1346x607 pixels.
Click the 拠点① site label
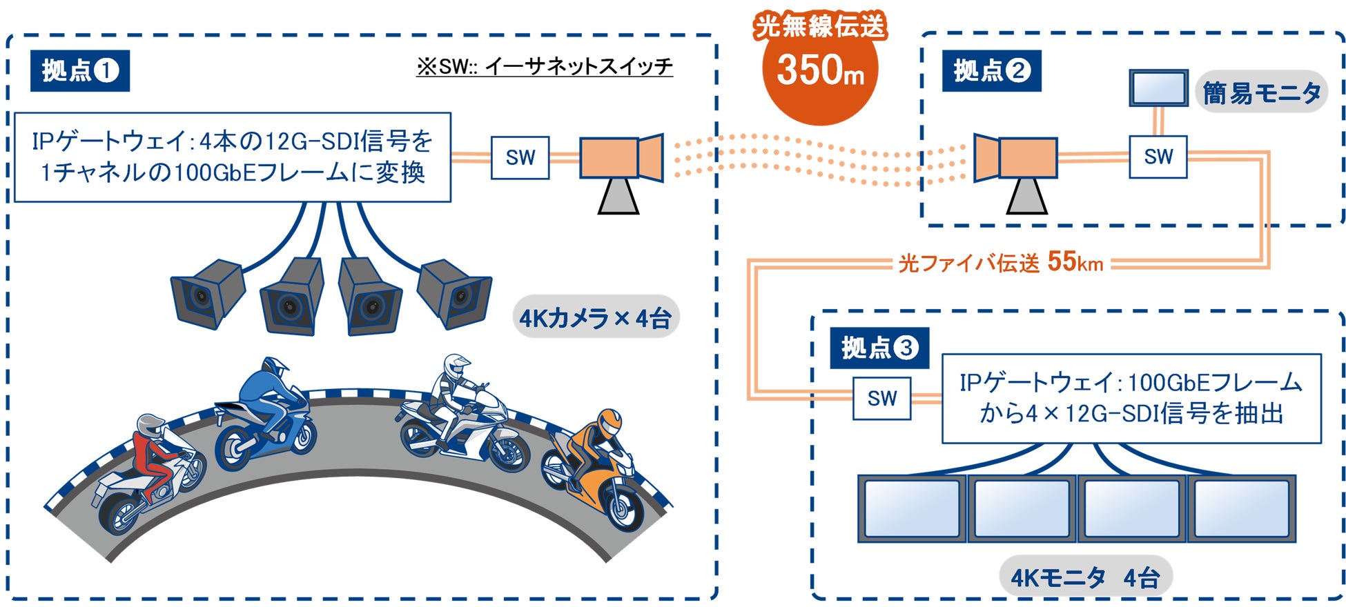80,70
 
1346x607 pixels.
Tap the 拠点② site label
991,70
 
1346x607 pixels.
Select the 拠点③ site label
879,348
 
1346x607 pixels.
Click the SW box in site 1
520,158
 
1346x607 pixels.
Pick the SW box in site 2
1158,157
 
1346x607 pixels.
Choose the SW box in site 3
881,398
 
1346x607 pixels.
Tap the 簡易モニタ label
1261,92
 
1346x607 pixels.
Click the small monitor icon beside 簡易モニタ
1158,88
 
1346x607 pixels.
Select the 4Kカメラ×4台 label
595,319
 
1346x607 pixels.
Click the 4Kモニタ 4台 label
1084,577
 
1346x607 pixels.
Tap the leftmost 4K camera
207,292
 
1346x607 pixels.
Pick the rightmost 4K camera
456,292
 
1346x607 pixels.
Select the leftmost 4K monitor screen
912,508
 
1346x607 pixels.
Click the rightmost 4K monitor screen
1240,508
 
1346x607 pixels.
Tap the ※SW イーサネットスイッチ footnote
544,66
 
